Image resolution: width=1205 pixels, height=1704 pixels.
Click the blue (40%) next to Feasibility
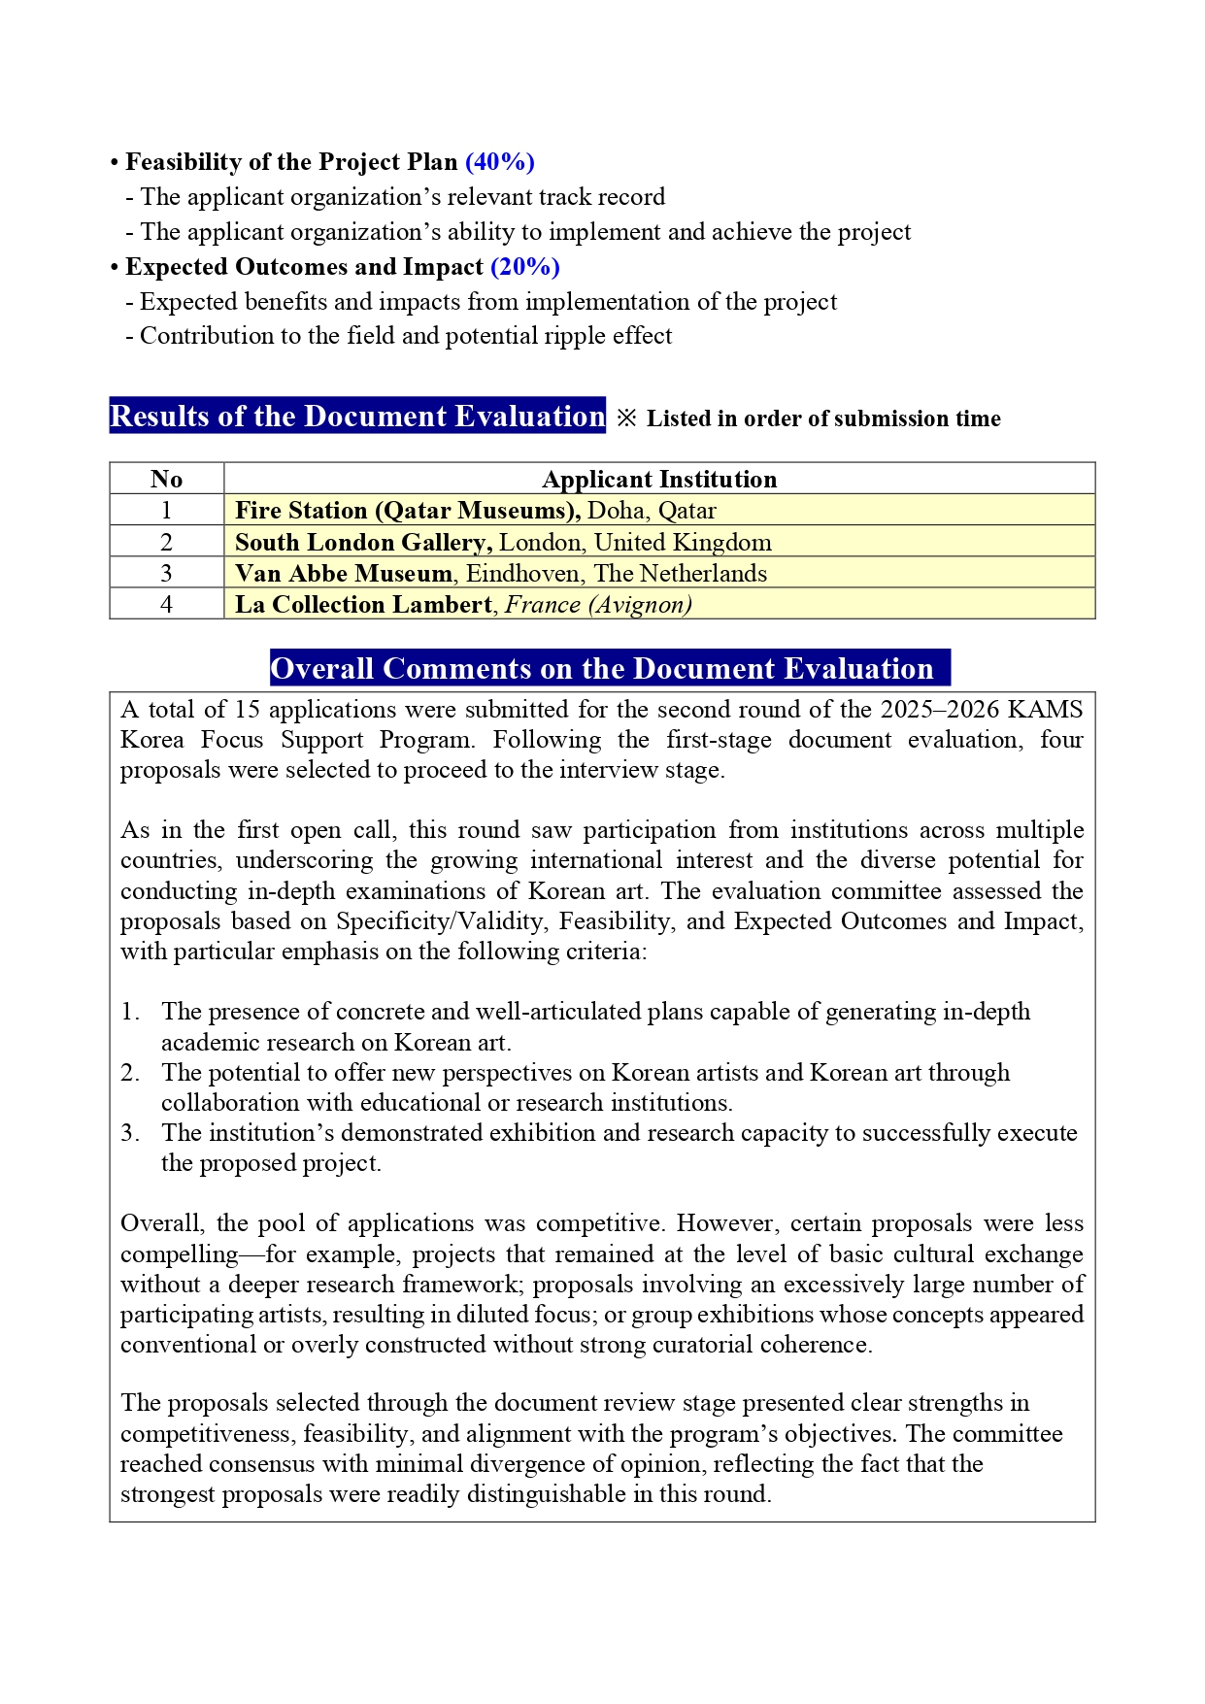tap(500, 162)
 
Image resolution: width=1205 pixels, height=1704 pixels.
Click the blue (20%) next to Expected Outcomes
tap(525, 267)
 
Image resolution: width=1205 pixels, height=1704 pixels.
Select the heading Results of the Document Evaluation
tap(357, 416)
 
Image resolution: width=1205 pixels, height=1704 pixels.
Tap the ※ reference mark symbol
tap(627, 418)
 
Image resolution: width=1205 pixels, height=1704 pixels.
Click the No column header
tap(166, 479)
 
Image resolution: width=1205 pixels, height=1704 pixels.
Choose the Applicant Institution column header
tap(659, 479)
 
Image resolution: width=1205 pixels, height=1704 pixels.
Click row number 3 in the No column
tap(166, 573)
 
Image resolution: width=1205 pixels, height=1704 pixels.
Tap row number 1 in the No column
tap(166, 511)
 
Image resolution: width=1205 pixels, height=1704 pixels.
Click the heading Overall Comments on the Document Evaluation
tap(602, 668)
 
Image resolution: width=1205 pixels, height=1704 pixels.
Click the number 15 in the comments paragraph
tap(247, 710)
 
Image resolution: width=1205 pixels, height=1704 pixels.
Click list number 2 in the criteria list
tap(130, 1073)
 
